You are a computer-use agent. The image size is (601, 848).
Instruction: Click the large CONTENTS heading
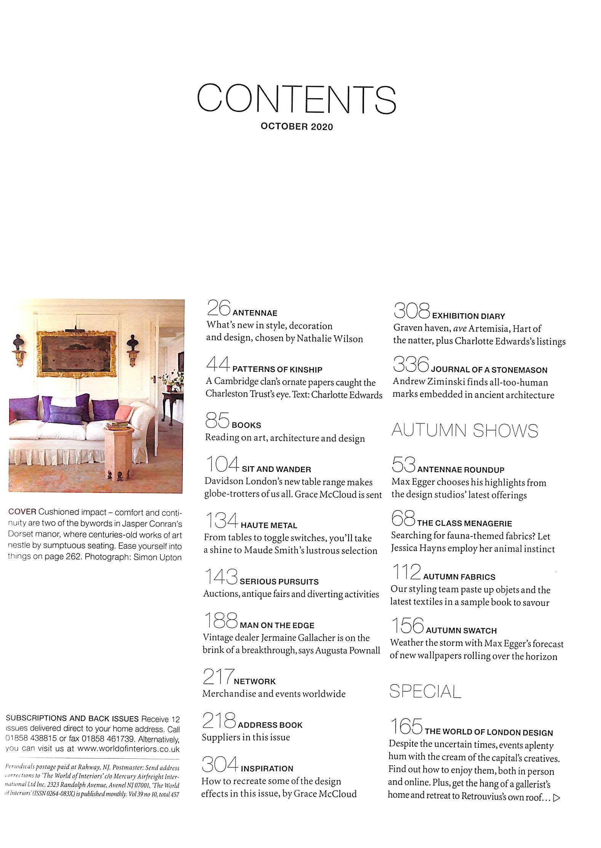pyautogui.click(x=297, y=99)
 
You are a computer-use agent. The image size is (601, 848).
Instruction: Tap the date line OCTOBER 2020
pyautogui.click(x=297, y=127)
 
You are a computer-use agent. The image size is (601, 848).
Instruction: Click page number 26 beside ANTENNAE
pyautogui.click(x=219, y=308)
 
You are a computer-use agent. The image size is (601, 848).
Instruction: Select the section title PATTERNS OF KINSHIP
pyautogui.click(x=277, y=369)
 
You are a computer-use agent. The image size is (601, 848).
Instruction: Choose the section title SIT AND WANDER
pyautogui.click(x=277, y=469)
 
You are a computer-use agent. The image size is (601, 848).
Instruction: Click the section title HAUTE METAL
pyautogui.click(x=269, y=526)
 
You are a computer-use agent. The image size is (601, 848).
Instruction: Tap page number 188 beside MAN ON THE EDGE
pyautogui.click(x=220, y=621)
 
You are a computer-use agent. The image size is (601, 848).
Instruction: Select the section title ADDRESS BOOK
pyautogui.click(x=270, y=725)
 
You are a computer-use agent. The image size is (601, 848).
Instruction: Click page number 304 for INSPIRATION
pyautogui.click(x=220, y=765)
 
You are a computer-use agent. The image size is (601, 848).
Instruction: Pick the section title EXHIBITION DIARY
pyautogui.click(x=469, y=316)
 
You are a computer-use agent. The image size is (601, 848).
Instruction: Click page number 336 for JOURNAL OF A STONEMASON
pyautogui.click(x=411, y=365)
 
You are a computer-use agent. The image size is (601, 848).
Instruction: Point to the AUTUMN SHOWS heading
pyautogui.click(x=465, y=430)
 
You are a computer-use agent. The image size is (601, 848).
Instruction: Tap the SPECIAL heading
pyautogui.click(x=425, y=691)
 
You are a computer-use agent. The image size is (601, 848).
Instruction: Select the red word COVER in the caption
pyautogui.click(x=22, y=512)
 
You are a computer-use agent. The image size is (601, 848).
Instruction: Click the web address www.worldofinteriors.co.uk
pyautogui.click(x=128, y=749)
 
